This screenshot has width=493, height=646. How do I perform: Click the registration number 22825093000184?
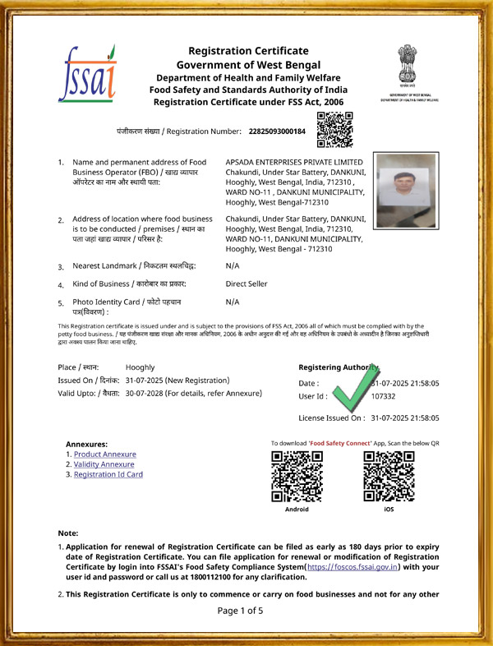click(x=276, y=131)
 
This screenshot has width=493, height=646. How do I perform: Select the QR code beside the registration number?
click(x=334, y=129)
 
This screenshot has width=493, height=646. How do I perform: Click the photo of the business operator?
click(x=405, y=190)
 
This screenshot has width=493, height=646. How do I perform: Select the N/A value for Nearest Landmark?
click(x=233, y=266)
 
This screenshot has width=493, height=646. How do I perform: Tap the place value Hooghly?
click(x=140, y=367)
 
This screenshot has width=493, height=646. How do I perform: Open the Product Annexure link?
click(x=104, y=455)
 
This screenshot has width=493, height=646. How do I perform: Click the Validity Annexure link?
click(x=104, y=464)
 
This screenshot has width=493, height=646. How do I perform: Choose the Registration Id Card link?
click(x=108, y=474)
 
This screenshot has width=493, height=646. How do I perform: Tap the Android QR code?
click(x=297, y=476)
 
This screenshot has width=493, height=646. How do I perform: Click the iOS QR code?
click(x=389, y=476)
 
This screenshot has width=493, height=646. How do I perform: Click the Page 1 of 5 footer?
click(x=240, y=611)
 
